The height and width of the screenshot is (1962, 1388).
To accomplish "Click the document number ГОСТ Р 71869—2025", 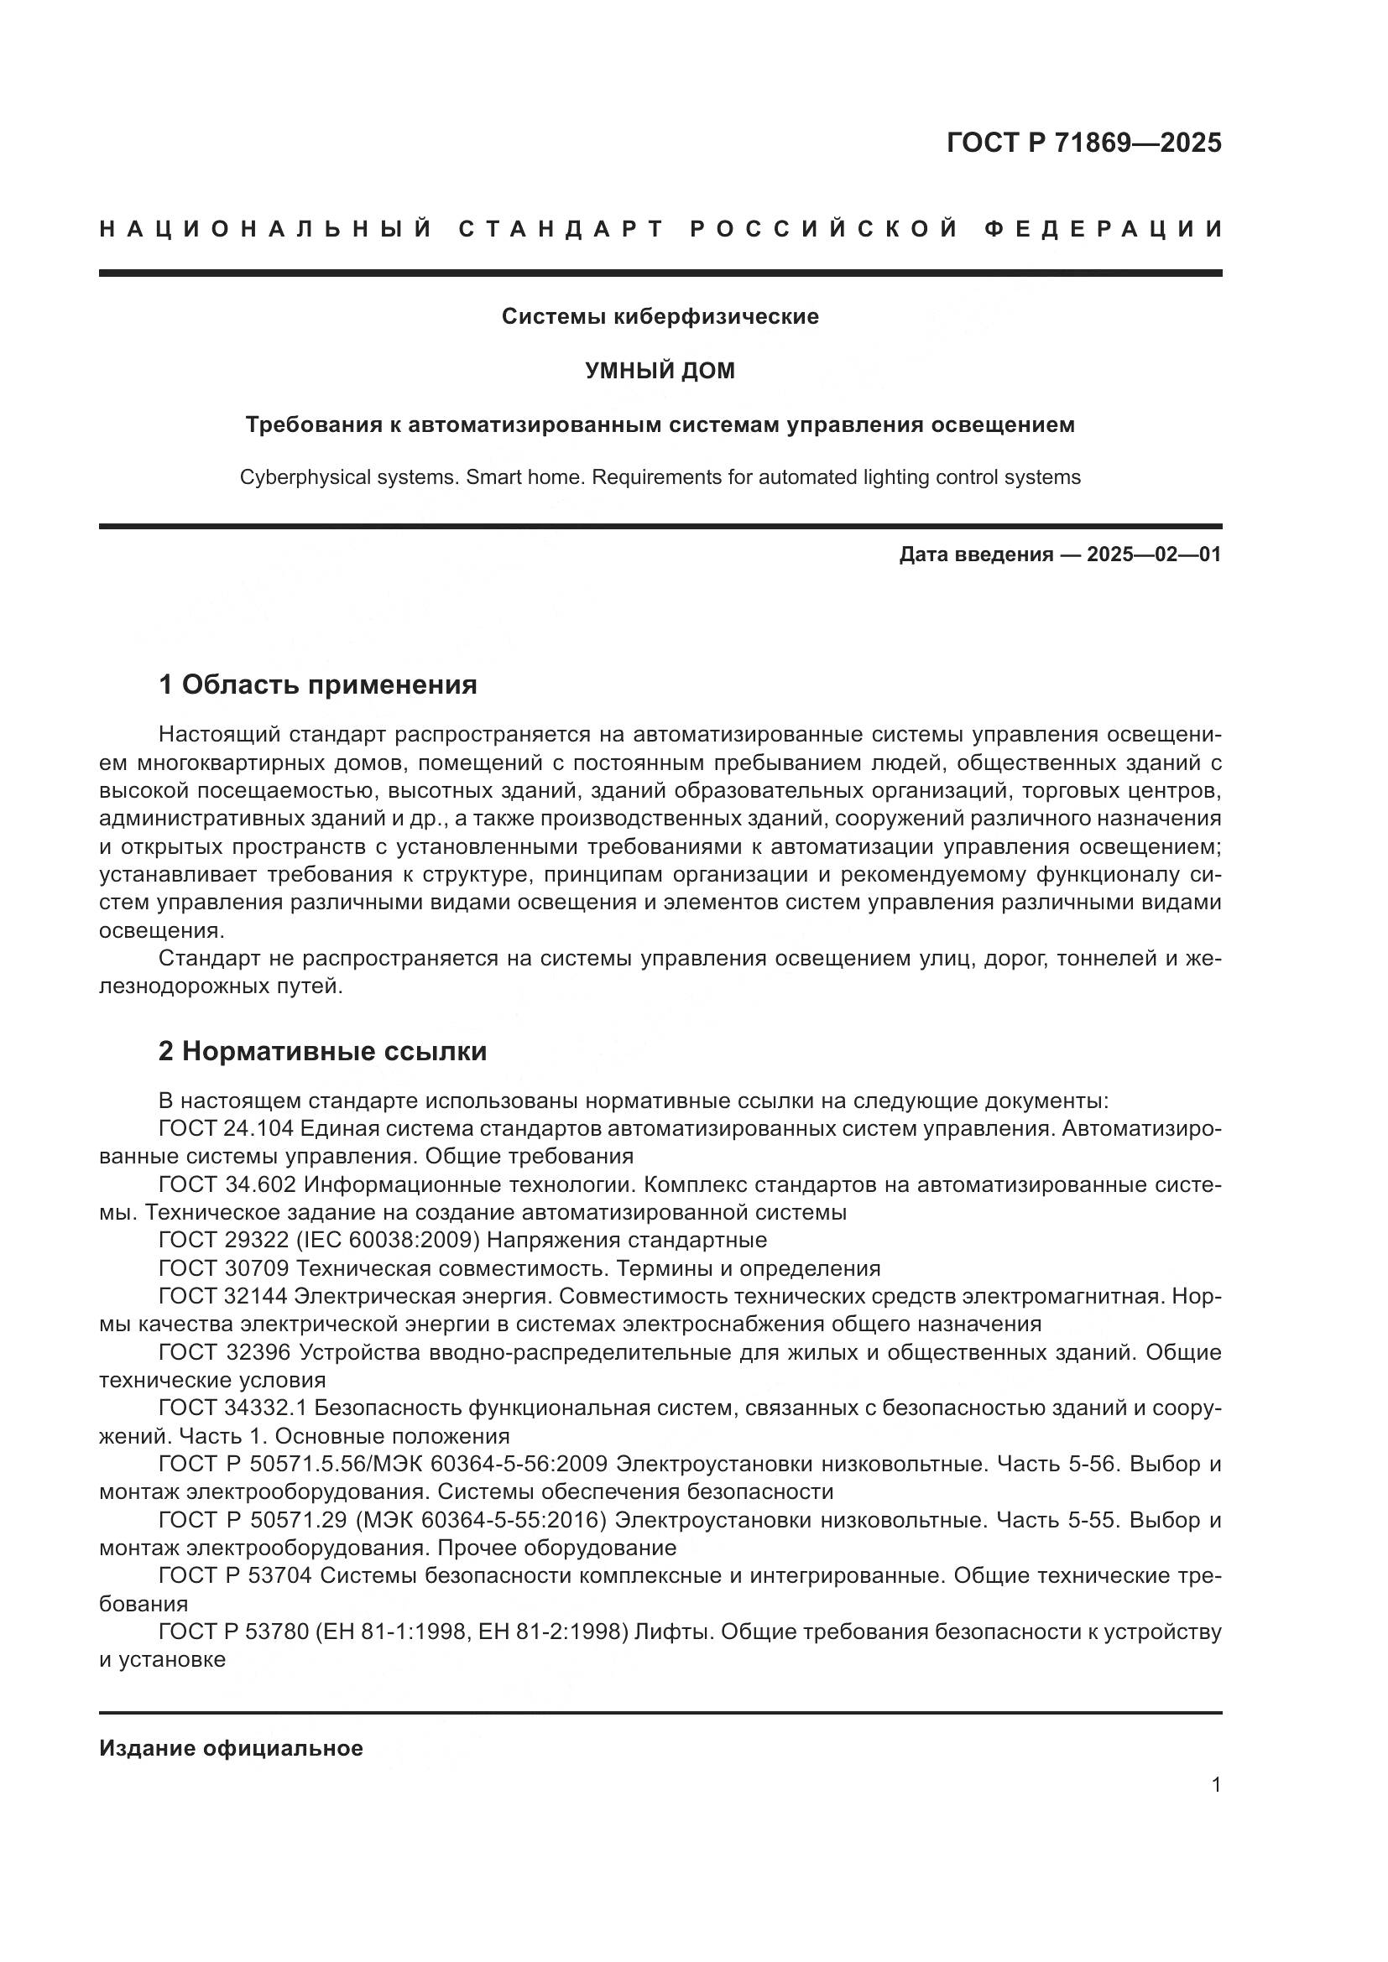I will [x=1083, y=143].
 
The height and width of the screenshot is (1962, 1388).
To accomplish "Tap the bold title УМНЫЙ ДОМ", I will [x=660, y=371].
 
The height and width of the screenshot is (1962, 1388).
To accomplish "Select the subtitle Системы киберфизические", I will [x=660, y=317].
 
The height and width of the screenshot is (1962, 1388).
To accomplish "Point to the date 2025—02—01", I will [x=1154, y=554].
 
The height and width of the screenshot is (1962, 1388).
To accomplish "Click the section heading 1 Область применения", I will [x=318, y=684].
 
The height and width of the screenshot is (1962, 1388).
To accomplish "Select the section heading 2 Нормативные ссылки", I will [x=322, y=1051].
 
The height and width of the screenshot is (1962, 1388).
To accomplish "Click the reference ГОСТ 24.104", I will [x=226, y=1129].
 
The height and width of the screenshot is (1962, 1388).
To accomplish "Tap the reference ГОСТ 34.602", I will [x=227, y=1185].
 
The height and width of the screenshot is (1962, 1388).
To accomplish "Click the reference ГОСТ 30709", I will [x=223, y=1268].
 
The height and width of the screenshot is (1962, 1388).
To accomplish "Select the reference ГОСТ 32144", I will [x=223, y=1296].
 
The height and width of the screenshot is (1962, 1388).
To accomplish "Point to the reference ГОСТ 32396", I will [x=223, y=1352].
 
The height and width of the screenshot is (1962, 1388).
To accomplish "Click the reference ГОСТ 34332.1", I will [x=232, y=1408].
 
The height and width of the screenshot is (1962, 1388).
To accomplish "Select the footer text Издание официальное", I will [x=231, y=1748].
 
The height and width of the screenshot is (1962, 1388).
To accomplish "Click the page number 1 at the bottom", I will [x=1216, y=1785].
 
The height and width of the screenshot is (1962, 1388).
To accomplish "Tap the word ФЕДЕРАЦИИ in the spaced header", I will [x=1104, y=229].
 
